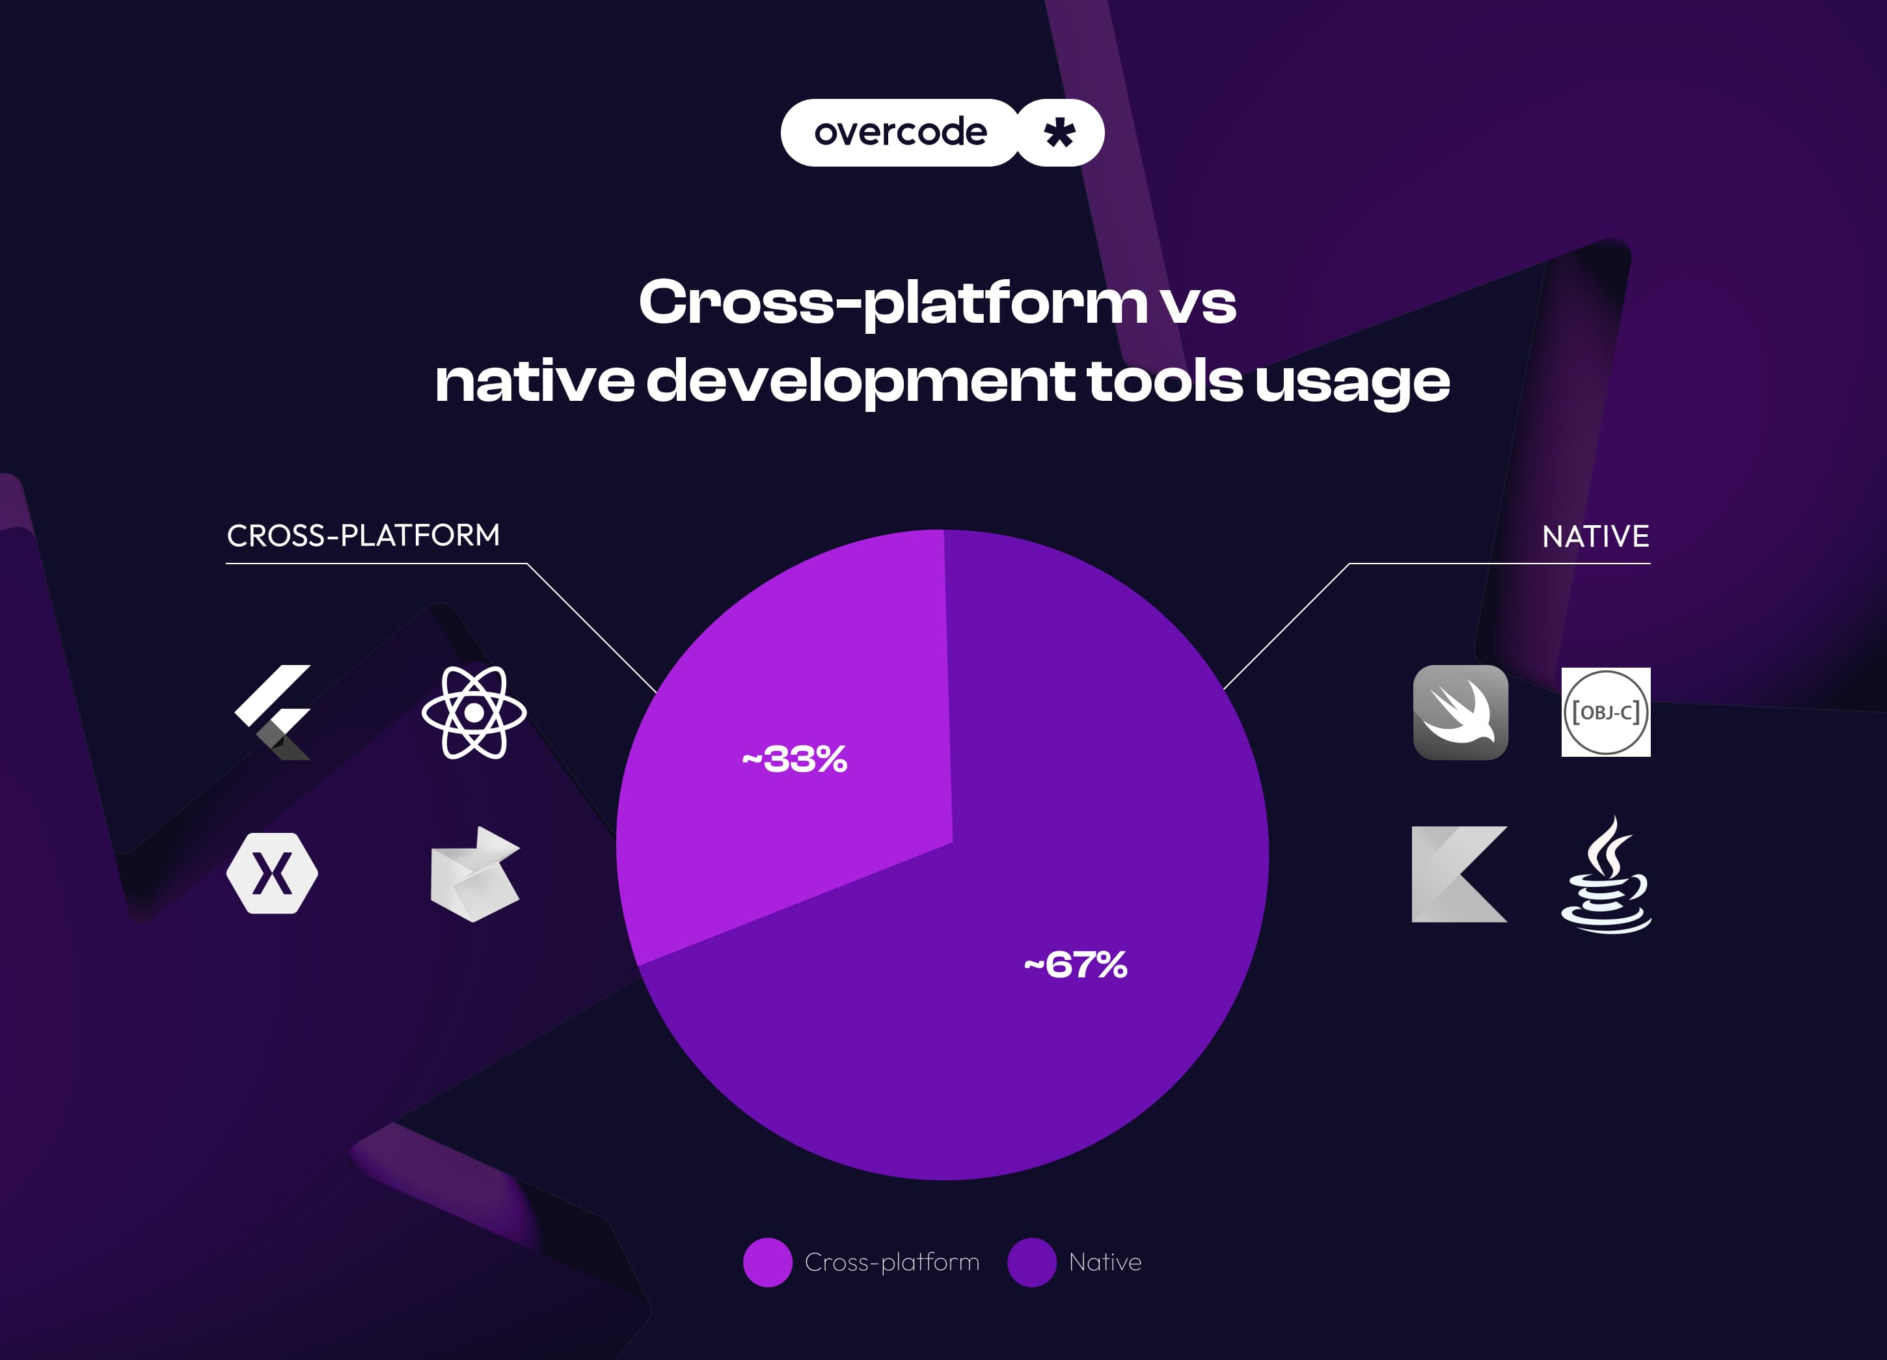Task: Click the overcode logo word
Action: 901,132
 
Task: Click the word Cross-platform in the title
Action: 892,301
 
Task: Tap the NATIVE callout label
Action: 1595,536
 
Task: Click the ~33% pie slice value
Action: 794,759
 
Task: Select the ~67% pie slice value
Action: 1076,965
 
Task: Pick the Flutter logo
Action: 275,712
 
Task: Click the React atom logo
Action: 474,713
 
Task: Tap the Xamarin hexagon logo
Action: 272,873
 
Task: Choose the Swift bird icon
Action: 1460,712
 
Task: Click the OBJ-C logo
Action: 1605,712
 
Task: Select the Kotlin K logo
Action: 1458,873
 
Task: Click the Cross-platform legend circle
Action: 767,1262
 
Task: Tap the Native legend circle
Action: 1032,1262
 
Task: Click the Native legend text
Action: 1105,1262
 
